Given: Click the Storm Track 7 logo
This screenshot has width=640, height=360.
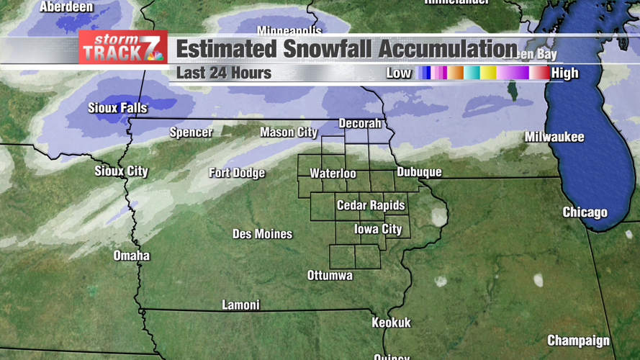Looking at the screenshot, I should (123, 48).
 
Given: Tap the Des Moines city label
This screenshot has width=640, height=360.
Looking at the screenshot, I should (262, 234).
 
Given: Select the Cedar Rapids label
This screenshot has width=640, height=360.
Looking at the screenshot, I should (371, 205).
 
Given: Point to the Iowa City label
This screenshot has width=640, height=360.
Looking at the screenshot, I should (378, 229).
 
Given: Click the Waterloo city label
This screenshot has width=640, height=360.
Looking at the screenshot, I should (333, 174).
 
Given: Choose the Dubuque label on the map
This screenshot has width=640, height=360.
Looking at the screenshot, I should (419, 172).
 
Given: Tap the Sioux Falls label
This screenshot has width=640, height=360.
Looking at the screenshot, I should (117, 108).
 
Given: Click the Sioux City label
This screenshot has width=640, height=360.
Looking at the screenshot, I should (121, 171).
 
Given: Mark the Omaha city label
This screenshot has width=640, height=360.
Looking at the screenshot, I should (132, 256).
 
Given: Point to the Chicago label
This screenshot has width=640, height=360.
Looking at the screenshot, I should (585, 212).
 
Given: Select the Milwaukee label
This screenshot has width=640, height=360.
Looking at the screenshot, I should (554, 137).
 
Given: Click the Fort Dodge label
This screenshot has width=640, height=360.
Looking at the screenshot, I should (237, 173).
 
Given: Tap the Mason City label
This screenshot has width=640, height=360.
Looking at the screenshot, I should (289, 132).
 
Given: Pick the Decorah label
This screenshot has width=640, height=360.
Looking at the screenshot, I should (359, 124).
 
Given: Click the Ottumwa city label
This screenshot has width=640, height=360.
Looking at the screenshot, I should (330, 275).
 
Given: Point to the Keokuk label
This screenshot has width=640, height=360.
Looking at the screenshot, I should (391, 323).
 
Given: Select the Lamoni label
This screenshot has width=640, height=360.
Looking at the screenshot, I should (240, 305).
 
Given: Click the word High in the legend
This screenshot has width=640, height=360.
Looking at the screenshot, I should (564, 73).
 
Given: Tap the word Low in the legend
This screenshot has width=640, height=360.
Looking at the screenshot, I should (399, 73).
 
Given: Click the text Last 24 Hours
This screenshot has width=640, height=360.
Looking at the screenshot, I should (224, 73).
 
